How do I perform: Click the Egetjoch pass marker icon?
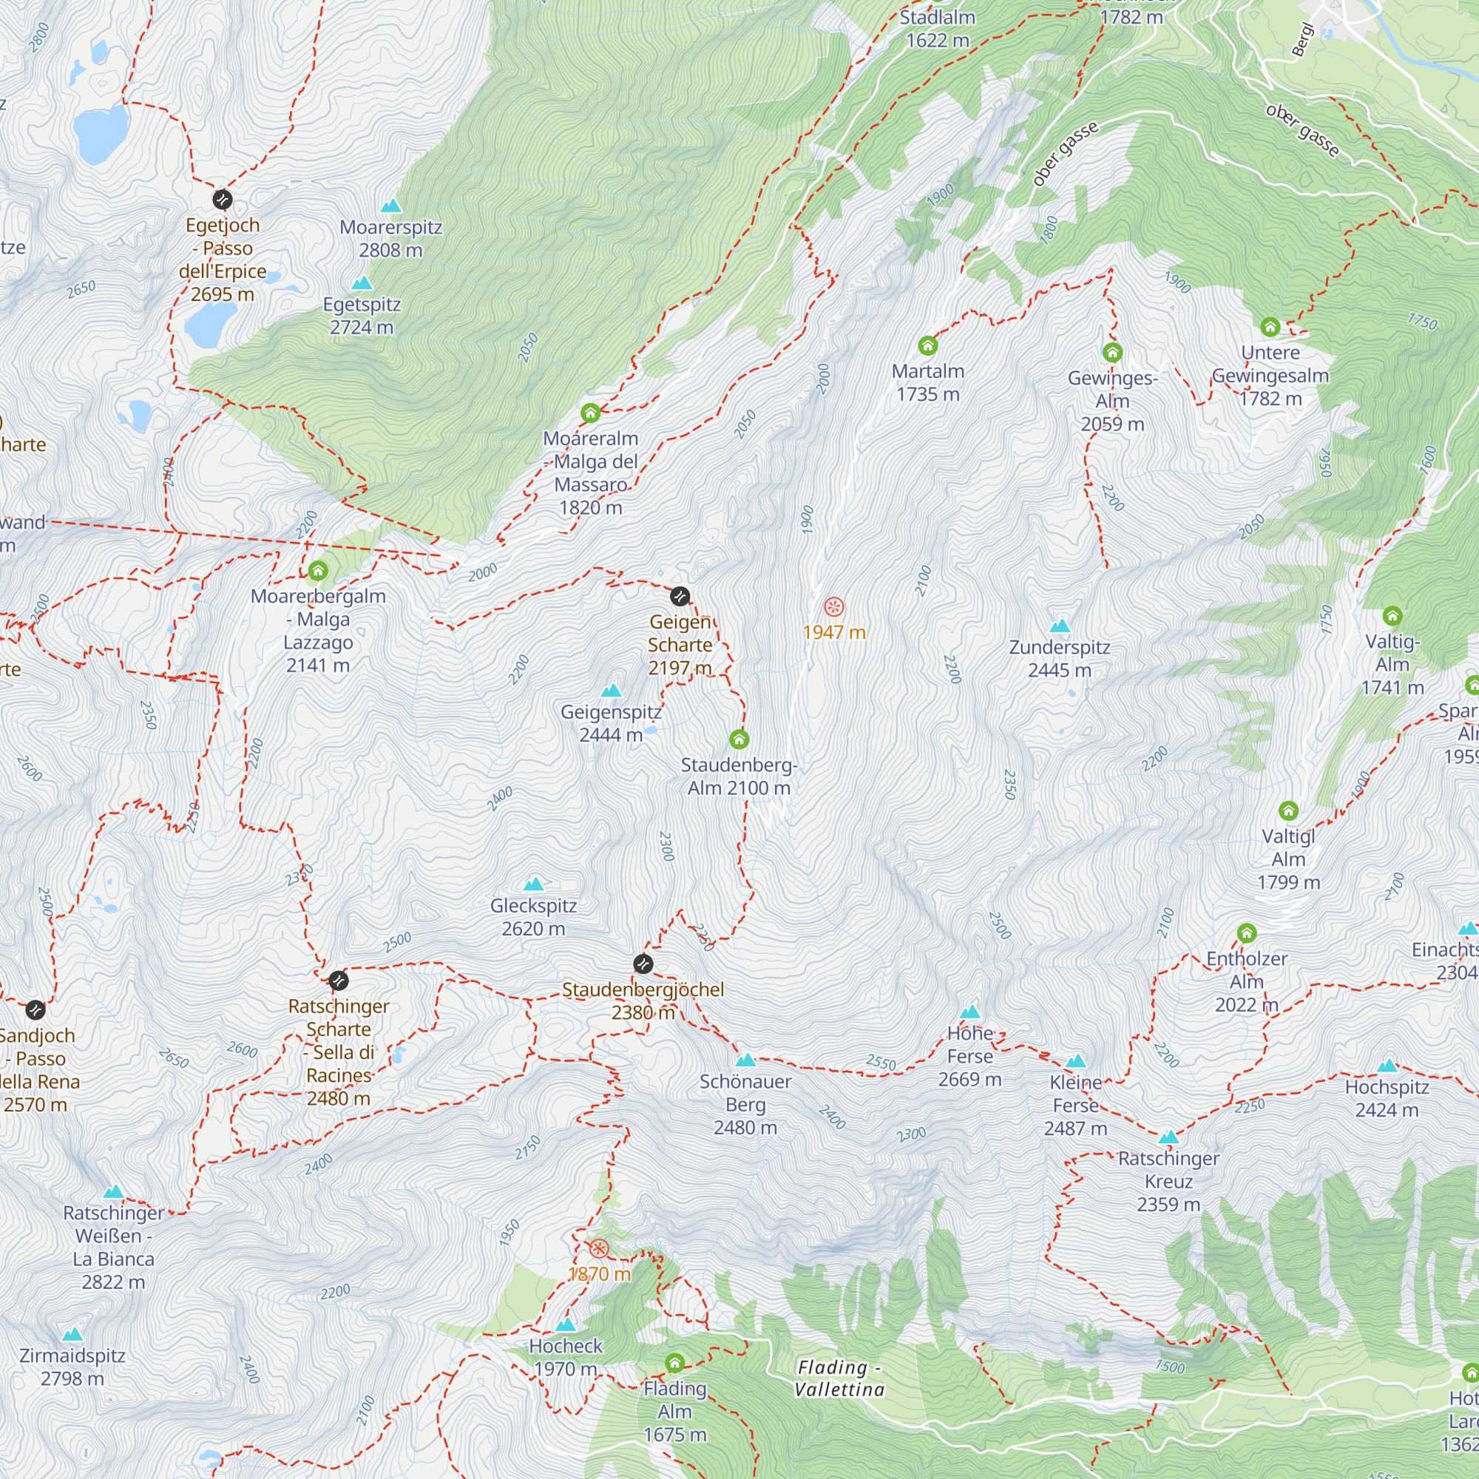pos(222,200)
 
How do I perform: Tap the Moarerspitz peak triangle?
pos(391,206)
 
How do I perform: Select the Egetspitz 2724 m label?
pos(362,316)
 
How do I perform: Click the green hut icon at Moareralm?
pos(589,413)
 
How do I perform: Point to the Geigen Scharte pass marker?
pos(680,596)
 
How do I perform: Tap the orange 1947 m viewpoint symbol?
pos(833,608)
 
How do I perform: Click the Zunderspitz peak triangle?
pos(1060,626)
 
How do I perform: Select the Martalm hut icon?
pos(928,346)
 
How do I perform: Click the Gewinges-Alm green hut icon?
pos(1112,353)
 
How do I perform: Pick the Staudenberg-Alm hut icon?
pos(739,739)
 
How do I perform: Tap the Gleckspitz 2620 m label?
pos(534,917)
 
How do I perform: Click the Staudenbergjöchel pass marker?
pos(643,964)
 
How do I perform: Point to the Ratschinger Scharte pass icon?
pos(339,981)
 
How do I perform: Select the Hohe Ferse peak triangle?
pos(970,1012)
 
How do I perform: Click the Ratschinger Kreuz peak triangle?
pos(1168,1137)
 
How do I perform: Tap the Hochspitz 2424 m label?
pos(1387,1099)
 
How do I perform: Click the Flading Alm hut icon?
pos(674,1363)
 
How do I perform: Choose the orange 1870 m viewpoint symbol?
pos(599,1248)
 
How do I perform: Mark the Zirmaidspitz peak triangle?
pos(72,1335)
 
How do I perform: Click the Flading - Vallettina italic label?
pos(839,1378)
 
